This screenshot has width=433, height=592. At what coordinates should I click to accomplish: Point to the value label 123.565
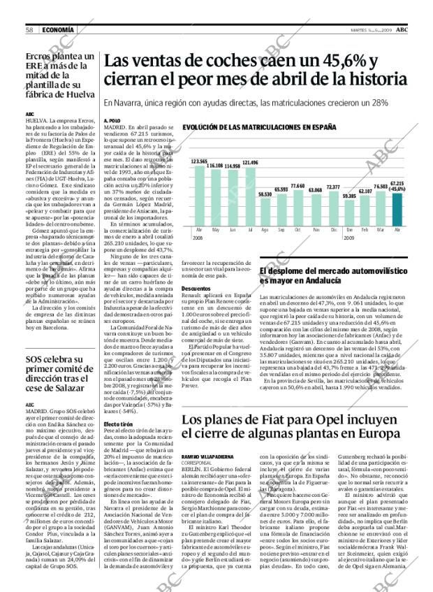coord(199,161)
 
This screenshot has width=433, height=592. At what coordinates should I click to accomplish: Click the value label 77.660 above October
coord(298,186)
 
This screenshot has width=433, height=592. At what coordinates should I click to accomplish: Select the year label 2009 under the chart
coord(349,238)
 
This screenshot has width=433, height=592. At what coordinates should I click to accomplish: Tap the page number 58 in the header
coord(29,29)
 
